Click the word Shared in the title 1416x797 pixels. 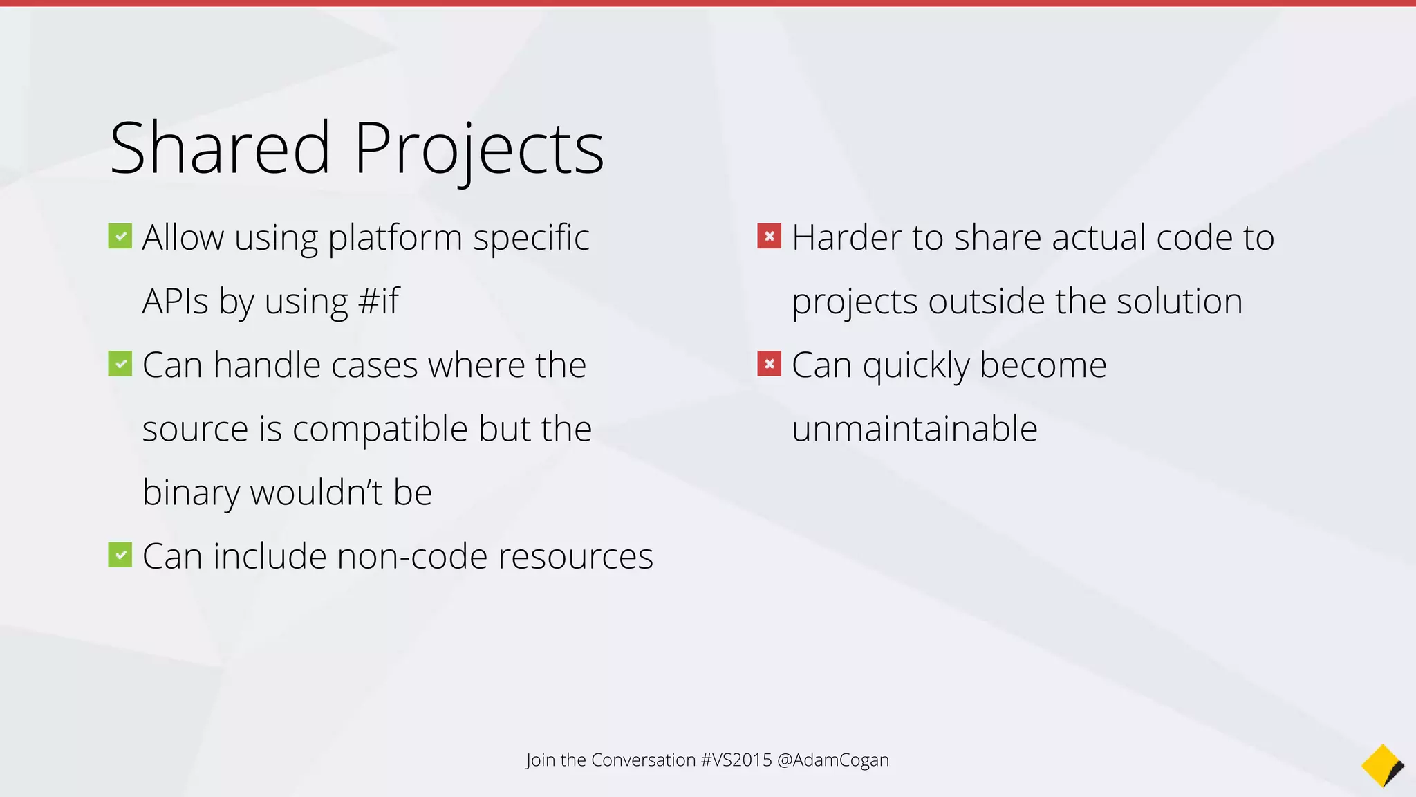click(x=220, y=148)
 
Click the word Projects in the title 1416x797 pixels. click(x=478, y=149)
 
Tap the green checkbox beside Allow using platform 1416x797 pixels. click(x=120, y=237)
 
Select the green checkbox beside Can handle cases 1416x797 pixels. click(x=120, y=364)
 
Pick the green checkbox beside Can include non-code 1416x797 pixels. click(x=120, y=555)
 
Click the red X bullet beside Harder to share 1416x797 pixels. click(x=770, y=236)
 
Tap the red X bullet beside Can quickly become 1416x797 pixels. click(x=770, y=364)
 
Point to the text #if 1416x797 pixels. click(x=379, y=302)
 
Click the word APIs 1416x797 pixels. click(x=175, y=302)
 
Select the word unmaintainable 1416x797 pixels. click(x=914, y=429)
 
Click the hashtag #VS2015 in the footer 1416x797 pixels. click(x=736, y=760)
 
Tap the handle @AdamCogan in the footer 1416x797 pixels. click(x=832, y=760)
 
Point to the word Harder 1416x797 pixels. click(x=846, y=238)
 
